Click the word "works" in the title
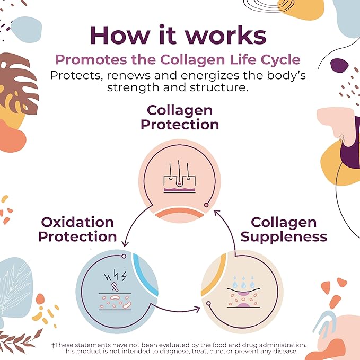[226, 35]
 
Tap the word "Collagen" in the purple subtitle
[192, 60]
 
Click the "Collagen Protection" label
[180, 118]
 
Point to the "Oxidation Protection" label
[77, 230]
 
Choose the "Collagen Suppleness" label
[284, 230]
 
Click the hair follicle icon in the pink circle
[180, 177]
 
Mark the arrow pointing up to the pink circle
[230, 230]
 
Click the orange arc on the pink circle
[180, 212]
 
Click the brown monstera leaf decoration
[18, 83]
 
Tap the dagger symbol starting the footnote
[53, 345]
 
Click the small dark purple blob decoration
[339, 65]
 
